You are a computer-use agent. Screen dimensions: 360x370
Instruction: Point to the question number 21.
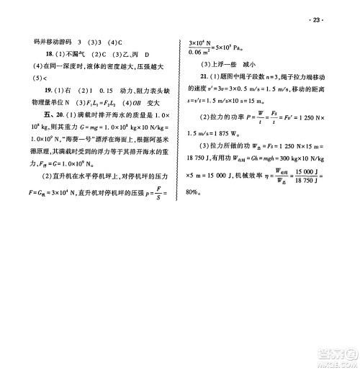tap(206, 76)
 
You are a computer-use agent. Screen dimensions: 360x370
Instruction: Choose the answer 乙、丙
tap(117, 54)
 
